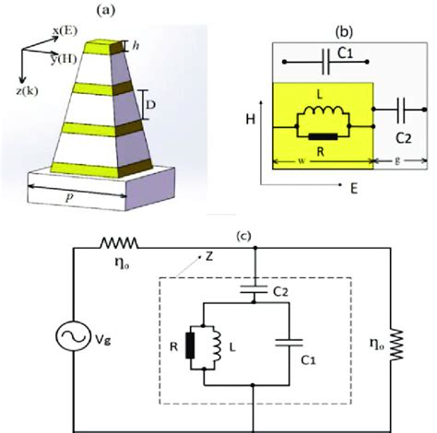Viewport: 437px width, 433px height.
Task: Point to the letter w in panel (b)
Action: (301, 167)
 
